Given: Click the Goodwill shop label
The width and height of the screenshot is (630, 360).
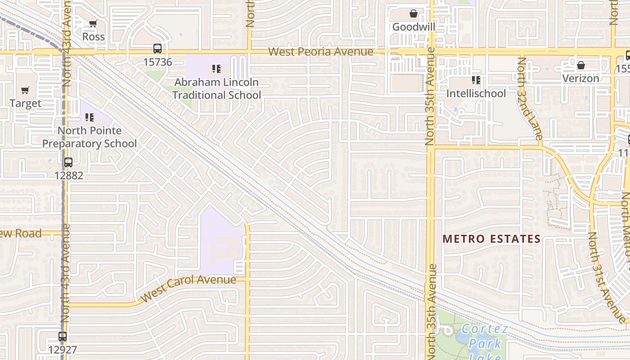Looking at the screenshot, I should click(414, 27).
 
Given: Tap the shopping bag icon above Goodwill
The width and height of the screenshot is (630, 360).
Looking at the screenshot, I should click(414, 14).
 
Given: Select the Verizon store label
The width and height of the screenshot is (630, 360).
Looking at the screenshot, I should click(580, 78).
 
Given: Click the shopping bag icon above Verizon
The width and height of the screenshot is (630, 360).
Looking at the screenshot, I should click(581, 65).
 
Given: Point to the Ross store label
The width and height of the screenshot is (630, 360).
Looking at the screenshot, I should click(93, 36).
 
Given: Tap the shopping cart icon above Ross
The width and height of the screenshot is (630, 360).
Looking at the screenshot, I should click(93, 23).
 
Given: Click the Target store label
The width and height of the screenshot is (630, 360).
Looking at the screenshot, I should click(25, 103).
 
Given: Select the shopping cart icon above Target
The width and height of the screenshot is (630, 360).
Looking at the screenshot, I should click(25, 90).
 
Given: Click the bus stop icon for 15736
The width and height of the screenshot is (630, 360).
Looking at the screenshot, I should click(157, 49).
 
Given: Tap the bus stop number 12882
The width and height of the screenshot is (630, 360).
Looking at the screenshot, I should click(68, 175).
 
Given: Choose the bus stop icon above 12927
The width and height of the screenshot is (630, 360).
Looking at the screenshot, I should click(63, 336).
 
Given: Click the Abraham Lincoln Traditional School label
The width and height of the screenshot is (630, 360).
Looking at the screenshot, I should click(216, 89).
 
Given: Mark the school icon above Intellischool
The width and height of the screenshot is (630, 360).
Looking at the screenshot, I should click(476, 81).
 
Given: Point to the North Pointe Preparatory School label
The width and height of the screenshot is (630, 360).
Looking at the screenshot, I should click(89, 137).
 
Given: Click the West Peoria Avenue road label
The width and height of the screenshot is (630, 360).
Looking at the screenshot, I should click(320, 52).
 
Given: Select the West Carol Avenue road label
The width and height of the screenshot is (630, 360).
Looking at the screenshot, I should click(189, 288).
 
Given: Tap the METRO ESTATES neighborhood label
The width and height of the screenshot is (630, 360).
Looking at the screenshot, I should click(491, 239).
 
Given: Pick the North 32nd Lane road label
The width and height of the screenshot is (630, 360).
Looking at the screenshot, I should click(529, 98).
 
